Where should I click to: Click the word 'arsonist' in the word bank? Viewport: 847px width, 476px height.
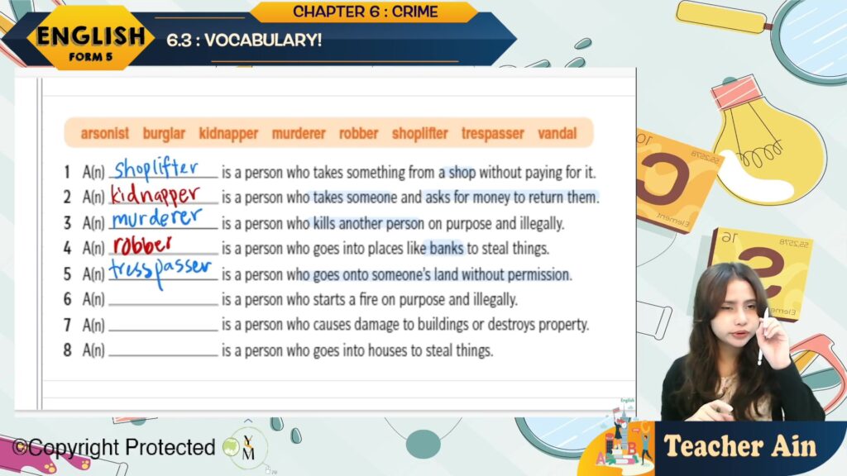coord(105,133)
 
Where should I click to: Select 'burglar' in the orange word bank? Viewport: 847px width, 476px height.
coord(164,133)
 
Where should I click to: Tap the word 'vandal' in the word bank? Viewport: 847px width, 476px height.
coord(557,133)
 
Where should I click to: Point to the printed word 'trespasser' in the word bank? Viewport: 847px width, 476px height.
coord(493,133)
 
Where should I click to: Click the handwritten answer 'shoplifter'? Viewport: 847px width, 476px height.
coord(156,169)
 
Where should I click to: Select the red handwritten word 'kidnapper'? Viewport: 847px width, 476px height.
coord(156,195)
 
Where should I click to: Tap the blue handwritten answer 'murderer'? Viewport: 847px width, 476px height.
coord(156,218)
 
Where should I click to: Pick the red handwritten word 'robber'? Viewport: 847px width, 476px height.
coord(142,245)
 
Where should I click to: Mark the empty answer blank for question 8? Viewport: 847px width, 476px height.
coord(163,355)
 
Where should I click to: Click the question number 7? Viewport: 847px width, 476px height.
coord(67,325)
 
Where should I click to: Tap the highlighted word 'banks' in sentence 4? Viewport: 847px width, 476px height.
coord(446,248)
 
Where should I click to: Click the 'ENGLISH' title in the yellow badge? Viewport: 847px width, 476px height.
coord(91,36)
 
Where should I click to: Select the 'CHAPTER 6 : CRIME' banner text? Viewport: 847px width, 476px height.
coord(365,12)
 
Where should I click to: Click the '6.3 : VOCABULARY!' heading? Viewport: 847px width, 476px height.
coord(244,40)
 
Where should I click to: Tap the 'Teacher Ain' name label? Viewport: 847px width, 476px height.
coord(740,446)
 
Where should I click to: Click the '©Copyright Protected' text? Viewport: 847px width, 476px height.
coord(114,447)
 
